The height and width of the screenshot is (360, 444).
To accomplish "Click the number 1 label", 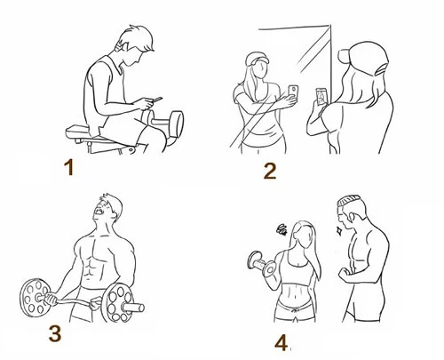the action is point(69,167).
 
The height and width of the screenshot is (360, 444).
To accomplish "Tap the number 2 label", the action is point(270,172).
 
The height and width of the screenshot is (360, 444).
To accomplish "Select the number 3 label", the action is point(55,333).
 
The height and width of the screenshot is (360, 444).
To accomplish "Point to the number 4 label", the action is point(281,343).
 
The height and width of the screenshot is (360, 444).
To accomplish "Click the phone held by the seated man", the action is point(157,100).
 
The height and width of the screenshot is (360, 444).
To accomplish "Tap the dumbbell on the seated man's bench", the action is point(163,121).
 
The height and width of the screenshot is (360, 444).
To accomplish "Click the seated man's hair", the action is point(139,38).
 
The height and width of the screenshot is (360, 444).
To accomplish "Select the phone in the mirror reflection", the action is point(293,91).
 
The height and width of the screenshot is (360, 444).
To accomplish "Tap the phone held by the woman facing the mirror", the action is point(321,97).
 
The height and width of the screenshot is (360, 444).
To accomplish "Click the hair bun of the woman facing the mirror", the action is point(345,56).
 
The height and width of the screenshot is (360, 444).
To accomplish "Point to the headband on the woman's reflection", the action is point(258,58).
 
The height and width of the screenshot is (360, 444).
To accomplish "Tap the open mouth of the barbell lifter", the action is point(99,212).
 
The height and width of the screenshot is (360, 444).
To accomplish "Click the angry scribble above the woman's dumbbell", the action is point(282,229).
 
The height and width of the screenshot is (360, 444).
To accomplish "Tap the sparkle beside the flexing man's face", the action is point(338,230).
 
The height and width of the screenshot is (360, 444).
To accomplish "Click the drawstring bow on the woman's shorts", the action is point(294,310).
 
